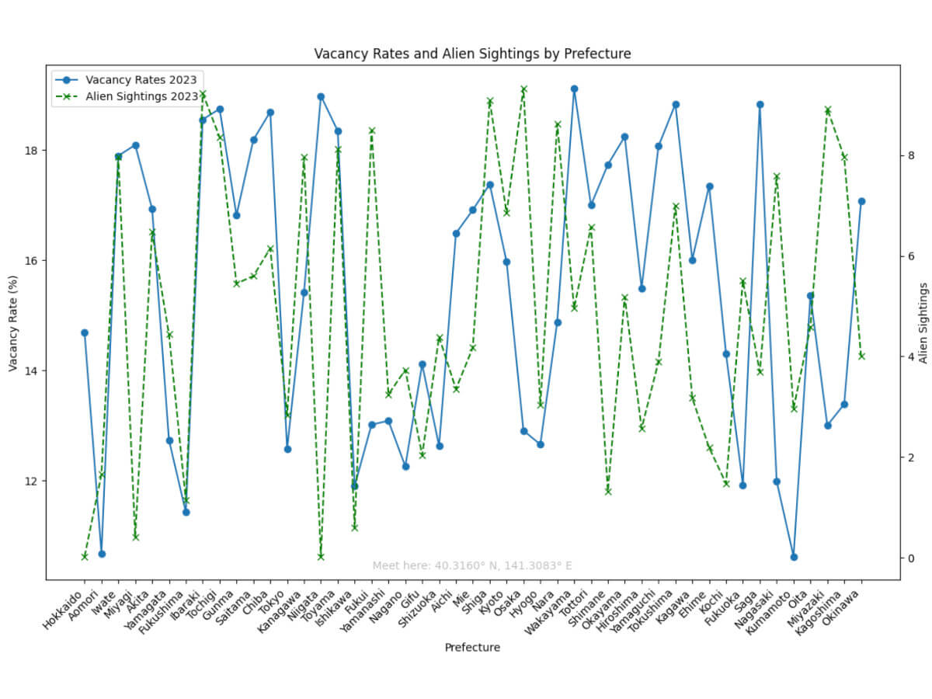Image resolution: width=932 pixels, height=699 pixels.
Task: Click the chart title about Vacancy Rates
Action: click(x=472, y=54)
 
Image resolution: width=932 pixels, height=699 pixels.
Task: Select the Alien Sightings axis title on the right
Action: click(x=923, y=322)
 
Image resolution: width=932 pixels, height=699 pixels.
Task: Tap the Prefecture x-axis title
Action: click(x=472, y=647)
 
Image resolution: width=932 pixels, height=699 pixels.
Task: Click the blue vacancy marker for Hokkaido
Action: click(x=85, y=332)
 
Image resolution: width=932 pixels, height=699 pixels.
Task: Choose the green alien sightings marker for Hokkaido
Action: click(x=85, y=556)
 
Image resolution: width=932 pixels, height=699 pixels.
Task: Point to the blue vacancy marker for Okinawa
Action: click(x=861, y=201)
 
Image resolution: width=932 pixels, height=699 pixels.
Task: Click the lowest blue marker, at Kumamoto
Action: click(x=794, y=557)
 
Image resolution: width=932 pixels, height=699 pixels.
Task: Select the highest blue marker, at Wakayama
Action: click(x=575, y=89)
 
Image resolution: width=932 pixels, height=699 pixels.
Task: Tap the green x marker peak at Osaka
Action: click(x=523, y=89)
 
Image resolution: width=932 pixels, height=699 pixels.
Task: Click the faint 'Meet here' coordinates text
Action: click(x=472, y=565)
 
